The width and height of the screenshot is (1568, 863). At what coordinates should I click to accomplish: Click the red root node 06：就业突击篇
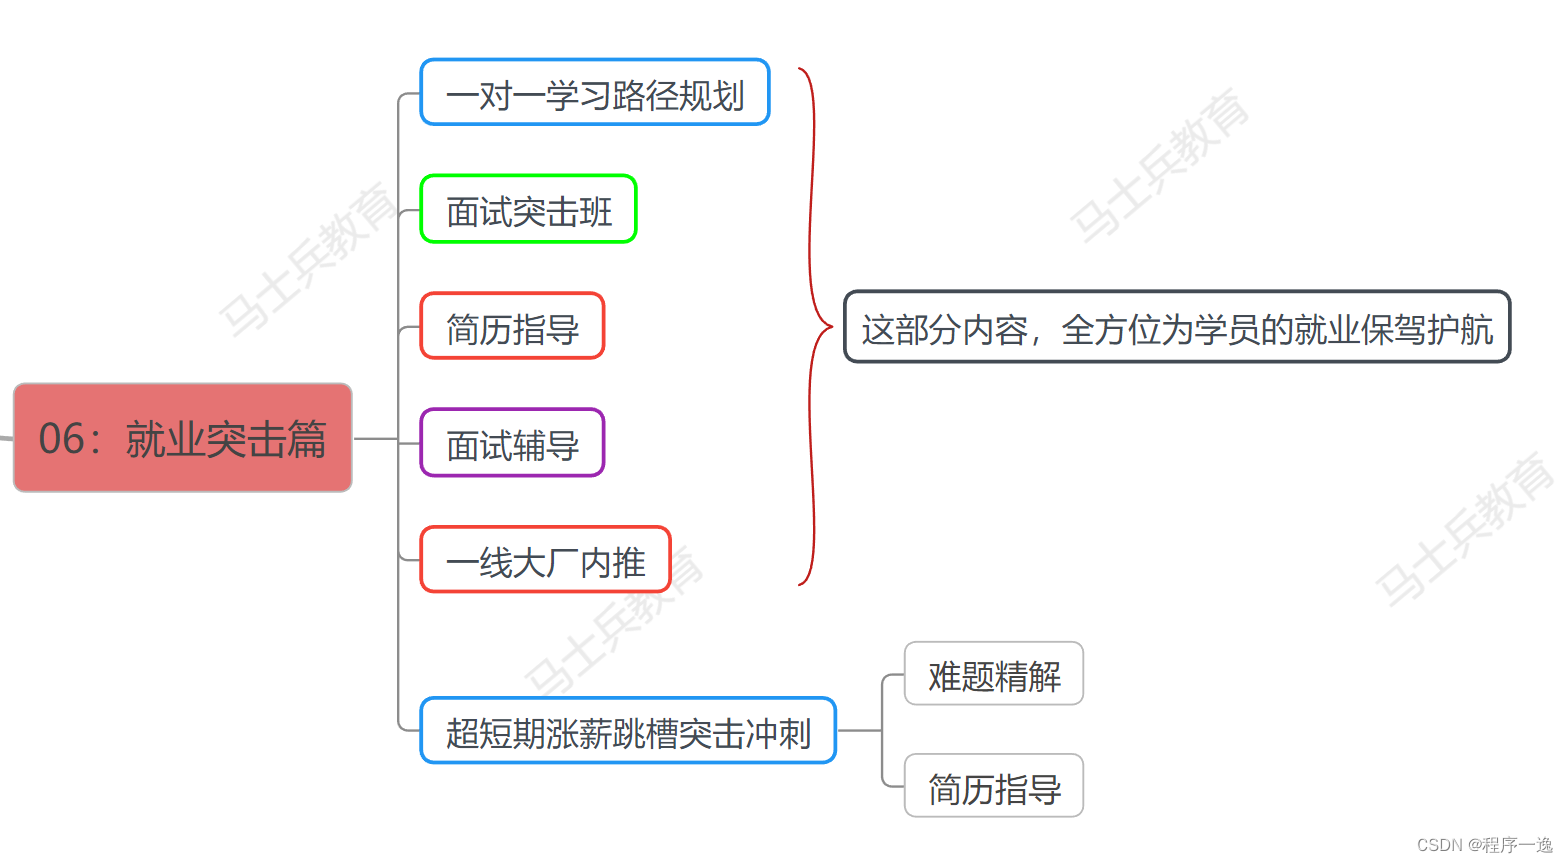click(x=183, y=438)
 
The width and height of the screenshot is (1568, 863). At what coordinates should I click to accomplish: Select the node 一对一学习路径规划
click(x=595, y=93)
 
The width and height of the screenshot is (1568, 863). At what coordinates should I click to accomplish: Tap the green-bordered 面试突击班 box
click(x=529, y=210)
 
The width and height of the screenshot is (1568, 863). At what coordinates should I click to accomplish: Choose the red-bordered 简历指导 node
click(x=512, y=327)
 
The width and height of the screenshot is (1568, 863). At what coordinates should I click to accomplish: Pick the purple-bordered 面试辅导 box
click(x=512, y=443)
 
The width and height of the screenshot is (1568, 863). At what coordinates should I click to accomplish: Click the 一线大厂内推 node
click(x=545, y=560)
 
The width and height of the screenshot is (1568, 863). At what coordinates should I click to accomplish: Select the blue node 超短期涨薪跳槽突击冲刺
click(x=628, y=731)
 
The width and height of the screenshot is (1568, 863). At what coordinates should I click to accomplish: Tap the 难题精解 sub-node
click(x=994, y=675)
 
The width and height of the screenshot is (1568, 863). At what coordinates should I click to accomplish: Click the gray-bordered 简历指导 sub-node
click(x=994, y=787)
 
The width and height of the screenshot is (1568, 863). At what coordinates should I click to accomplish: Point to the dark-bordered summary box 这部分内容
click(x=1177, y=327)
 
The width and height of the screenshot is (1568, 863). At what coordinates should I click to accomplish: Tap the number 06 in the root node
click(x=62, y=439)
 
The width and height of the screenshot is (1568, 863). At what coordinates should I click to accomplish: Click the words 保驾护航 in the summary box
click(x=1427, y=329)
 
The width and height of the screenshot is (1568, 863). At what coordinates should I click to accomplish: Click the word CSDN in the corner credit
click(x=1440, y=845)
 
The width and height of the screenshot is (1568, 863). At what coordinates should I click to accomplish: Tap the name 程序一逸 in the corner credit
click(x=1518, y=845)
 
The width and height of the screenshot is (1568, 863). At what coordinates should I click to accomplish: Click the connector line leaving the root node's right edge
click(x=375, y=438)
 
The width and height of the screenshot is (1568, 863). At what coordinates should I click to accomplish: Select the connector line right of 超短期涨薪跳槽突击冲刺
click(x=858, y=731)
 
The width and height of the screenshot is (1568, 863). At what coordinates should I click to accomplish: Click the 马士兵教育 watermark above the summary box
click(x=1160, y=165)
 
